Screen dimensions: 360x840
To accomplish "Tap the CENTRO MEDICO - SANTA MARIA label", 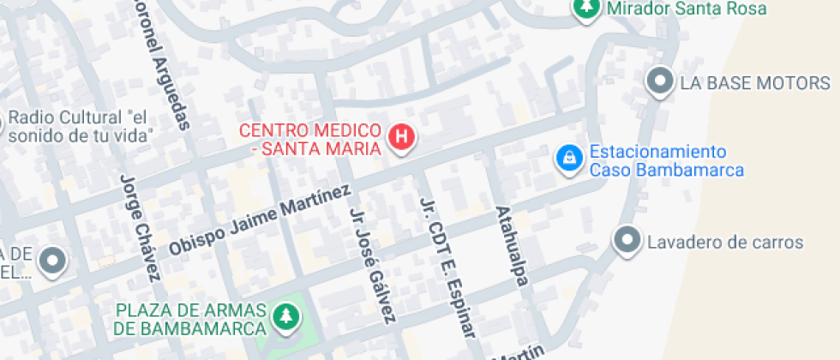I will pyautogui.click(x=309, y=140).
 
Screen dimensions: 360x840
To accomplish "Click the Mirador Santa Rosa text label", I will pyautogui.click(x=687, y=9).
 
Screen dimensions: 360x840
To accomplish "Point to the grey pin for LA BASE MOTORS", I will pyautogui.click(x=660, y=81).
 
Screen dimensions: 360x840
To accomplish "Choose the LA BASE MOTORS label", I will pyautogui.click(x=755, y=83).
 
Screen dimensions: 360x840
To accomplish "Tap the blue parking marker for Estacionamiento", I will pyautogui.click(x=567, y=158).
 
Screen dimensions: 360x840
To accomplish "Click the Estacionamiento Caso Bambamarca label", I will pyautogui.click(x=665, y=161).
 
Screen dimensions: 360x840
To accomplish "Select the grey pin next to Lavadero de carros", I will pyautogui.click(x=628, y=240).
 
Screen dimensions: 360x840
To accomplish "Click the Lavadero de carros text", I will pyautogui.click(x=725, y=243).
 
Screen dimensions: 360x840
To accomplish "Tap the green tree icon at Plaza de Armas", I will pyautogui.click(x=284, y=316).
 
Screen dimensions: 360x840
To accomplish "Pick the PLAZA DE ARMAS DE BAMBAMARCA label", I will pyautogui.click(x=189, y=319).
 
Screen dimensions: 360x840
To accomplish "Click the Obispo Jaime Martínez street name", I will pyautogui.click(x=260, y=219).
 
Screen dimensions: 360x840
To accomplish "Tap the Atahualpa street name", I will pyautogui.click(x=509, y=245).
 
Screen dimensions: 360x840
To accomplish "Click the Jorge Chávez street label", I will pyautogui.click(x=141, y=227).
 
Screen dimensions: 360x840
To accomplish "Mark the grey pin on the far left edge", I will pyautogui.click(x=53, y=261).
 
